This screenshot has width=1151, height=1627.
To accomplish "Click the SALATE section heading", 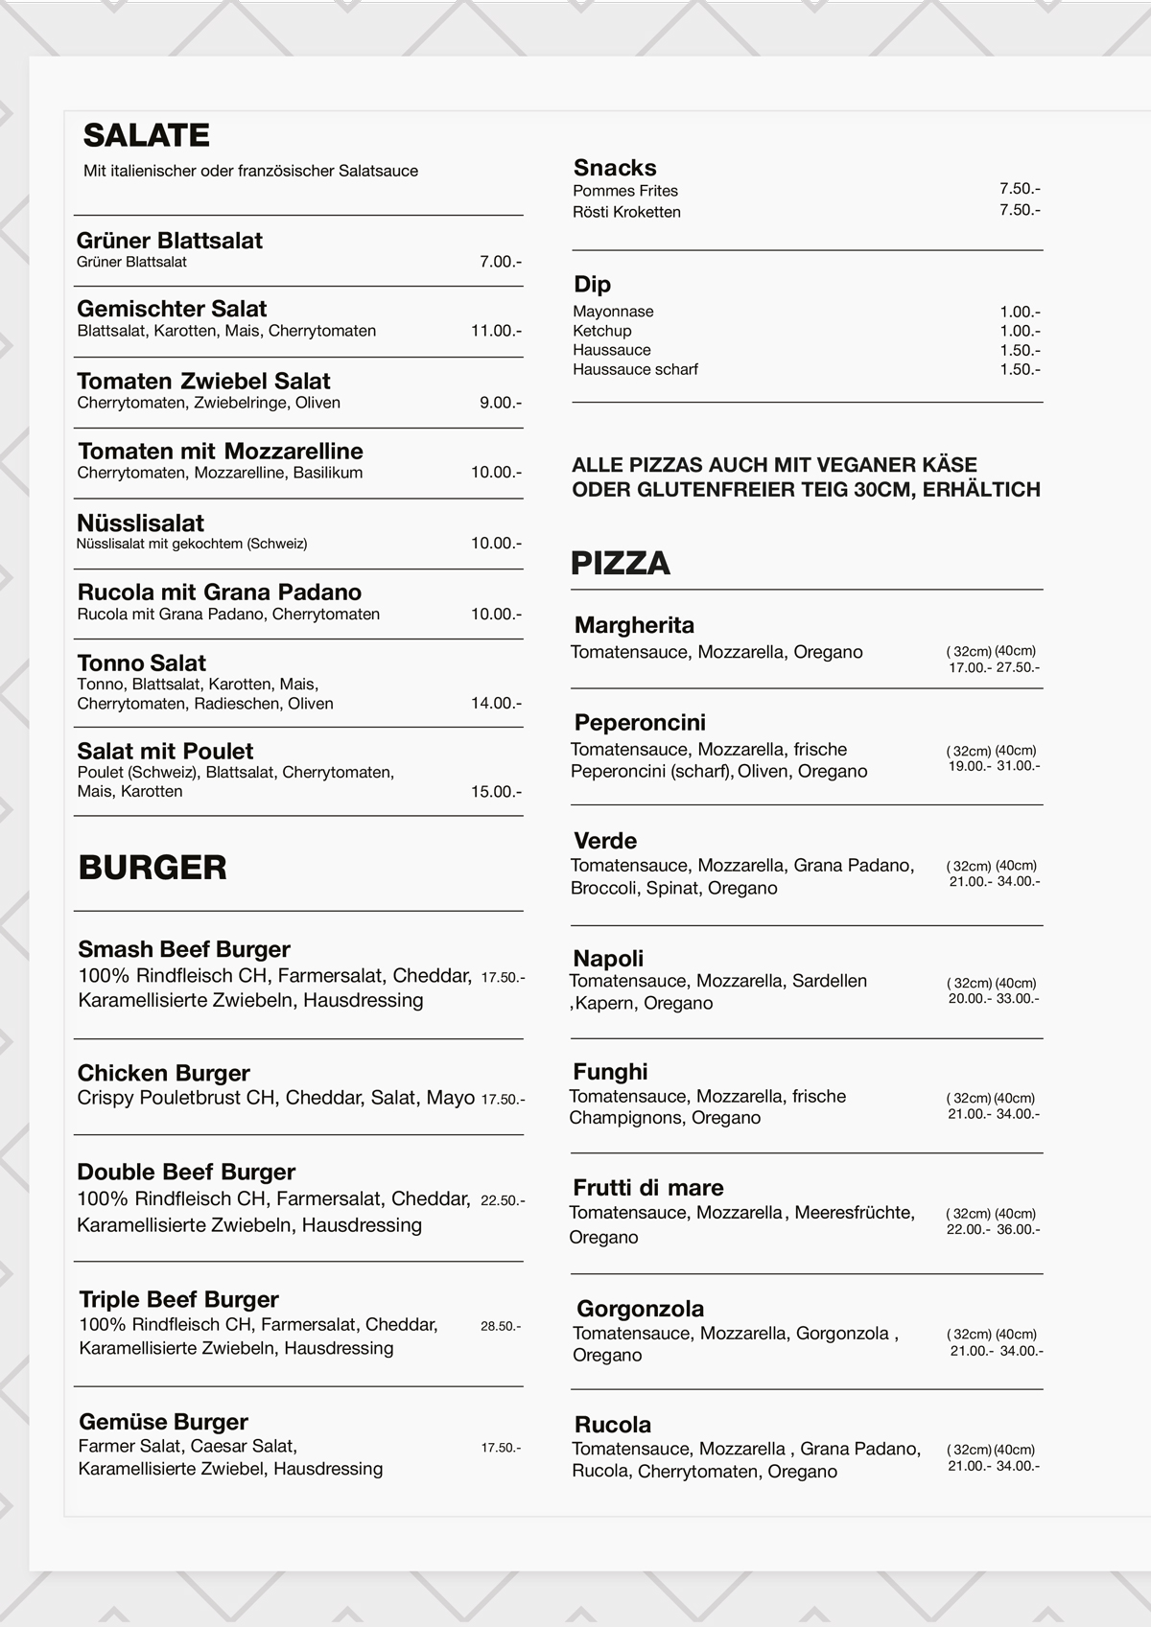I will pos(146,135).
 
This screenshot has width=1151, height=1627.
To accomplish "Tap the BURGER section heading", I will pos(153,867).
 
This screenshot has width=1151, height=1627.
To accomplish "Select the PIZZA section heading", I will pos(620,563).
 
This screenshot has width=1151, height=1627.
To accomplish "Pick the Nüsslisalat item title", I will pos(140,523).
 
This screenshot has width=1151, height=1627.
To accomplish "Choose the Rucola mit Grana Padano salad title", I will pos(219,593).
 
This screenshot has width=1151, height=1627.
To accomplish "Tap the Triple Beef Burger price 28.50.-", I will pos(501,1327).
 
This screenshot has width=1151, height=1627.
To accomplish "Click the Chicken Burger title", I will pos(163,1073).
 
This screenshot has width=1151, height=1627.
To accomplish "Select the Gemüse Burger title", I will pos(163,1422).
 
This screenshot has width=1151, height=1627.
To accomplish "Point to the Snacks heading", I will pos(615,168).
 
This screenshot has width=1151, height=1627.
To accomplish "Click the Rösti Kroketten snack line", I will pos(626,212).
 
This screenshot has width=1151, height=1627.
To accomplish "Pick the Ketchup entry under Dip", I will pos(601,331).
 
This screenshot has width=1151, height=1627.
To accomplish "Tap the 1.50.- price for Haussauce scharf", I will pos(1020,369).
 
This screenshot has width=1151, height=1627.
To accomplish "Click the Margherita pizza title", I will pos(634,625).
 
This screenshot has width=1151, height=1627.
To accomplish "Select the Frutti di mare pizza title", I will pos(647,1188).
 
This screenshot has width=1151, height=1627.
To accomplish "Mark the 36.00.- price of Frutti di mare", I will pos(1019,1230).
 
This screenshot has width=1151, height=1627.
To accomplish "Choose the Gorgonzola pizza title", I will pos(640,1309).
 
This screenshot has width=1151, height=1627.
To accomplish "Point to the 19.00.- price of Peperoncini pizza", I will pos(968,766).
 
